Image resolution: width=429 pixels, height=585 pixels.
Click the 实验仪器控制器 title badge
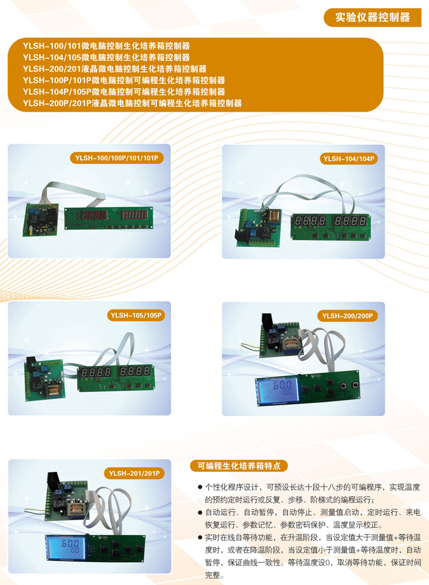(x=372, y=18)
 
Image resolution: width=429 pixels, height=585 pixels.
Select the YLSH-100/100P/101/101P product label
(x=116, y=158)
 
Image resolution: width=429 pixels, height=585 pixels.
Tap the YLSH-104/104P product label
(x=348, y=159)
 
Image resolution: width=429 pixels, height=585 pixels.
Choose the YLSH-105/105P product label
(x=136, y=315)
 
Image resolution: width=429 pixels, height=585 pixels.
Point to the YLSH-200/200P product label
(x=347, y=316)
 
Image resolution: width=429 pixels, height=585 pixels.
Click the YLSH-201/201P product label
(x=134, y=473)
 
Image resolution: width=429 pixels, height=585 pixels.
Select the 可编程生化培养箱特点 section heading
(x=239, y=466)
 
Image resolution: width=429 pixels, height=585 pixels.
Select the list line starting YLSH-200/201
(x=114, y=69)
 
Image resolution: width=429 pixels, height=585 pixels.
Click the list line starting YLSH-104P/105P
(x=124, y=91)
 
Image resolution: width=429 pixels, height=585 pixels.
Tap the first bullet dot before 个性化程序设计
(x=200, y=487)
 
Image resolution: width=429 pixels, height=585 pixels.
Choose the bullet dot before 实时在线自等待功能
(x=200, y=537)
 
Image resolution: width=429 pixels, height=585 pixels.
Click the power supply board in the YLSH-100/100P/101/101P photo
(x=41, y=220)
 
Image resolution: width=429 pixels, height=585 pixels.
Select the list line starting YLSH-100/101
(x=106, y=46)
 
